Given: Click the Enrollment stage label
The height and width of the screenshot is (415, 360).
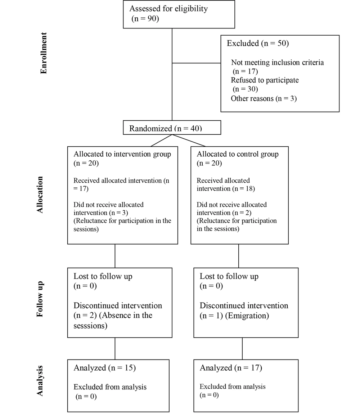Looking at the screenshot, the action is (43, 53).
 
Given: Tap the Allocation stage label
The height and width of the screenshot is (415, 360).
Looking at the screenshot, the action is (40, 195).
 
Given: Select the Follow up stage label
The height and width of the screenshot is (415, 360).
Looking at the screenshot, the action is (40, 299).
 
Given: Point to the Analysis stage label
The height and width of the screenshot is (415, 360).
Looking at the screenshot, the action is (40, 381).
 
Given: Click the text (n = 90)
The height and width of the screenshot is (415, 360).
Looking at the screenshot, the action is (145, 18).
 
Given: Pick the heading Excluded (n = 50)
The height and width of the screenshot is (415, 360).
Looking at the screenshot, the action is (258, 43).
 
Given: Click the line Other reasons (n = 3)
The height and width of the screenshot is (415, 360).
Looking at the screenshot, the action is (264, 98).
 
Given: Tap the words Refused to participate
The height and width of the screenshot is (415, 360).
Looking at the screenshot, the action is (265, 80).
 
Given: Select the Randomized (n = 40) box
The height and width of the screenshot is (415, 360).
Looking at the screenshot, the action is (172, 128).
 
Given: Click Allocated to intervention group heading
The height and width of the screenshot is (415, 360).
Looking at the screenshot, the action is (122, 154).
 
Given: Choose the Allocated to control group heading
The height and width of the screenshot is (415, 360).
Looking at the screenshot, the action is (238, 154).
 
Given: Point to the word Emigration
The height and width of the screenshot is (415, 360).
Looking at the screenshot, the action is (247, 316).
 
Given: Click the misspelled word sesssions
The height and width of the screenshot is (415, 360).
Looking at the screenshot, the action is (90, 326).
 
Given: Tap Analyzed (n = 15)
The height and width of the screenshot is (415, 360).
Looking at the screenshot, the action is (104, 367).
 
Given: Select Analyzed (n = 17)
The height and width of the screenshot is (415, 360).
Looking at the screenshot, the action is (231, 367).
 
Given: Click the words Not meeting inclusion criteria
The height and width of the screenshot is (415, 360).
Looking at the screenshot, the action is (277, 62).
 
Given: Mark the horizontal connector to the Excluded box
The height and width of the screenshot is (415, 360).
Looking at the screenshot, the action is (197, 63).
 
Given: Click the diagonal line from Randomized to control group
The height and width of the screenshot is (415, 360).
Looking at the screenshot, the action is (189, 140).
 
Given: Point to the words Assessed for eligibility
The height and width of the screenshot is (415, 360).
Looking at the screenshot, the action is (168, 9).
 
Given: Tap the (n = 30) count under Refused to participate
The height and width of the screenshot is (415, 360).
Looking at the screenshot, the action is (245, 89).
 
